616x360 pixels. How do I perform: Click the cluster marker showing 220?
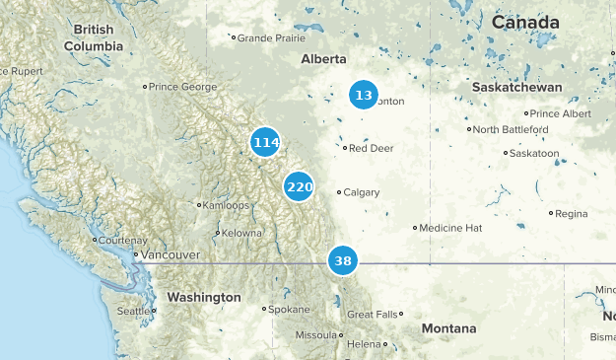pos(300,186)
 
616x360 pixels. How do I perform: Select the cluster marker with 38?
pos(343,261)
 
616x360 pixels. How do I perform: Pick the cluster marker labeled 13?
pos(364,96)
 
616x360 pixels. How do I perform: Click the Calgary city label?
pos(362,192)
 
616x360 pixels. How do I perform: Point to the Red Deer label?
pos(371,148)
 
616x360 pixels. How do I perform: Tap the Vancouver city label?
pos(170,254)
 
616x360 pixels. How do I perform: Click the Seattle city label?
pos(134,311)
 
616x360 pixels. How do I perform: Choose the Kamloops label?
pos(225,205)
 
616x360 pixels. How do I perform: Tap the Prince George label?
pos(182,87)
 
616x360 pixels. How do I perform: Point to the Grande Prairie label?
pos(269,38)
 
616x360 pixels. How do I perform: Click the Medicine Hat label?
pos(450,228)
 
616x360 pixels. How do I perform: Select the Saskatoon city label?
pos(535,153)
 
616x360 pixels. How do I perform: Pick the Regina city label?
pos(571,213)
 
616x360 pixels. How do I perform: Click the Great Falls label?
pos(374,314)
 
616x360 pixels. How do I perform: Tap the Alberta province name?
pos(325,59)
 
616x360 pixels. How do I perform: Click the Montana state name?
pos(448,328)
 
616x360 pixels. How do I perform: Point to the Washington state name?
pos(204,297)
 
